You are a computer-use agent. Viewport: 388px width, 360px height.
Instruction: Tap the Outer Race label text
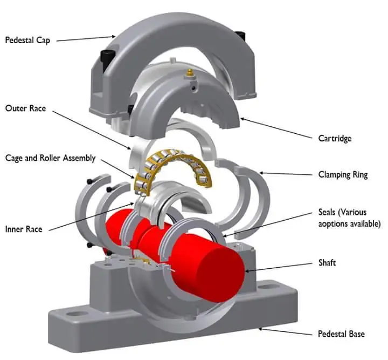pyautogui.click(x=25, y=108)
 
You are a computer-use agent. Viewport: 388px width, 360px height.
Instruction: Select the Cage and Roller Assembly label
pyautogui.click(x=50, y=158)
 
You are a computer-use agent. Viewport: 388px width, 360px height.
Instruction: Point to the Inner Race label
pyautogui.click(x=23, y=229)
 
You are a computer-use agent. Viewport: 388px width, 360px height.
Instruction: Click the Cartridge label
pyautogui.click(x=334, y=139)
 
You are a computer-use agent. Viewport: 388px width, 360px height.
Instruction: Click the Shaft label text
pyautogui.click(x=327, y=262)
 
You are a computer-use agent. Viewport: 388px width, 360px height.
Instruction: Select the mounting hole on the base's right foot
pyautogui.click(x=266, y=295)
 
